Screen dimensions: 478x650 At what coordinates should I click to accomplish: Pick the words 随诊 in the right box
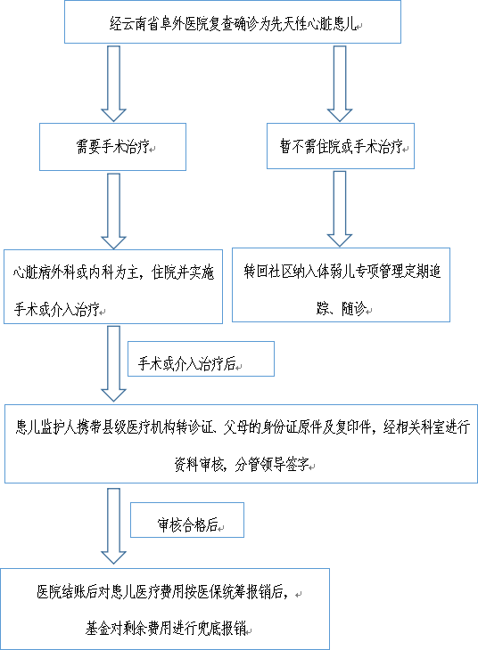354,308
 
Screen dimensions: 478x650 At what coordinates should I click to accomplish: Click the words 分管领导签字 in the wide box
272,465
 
